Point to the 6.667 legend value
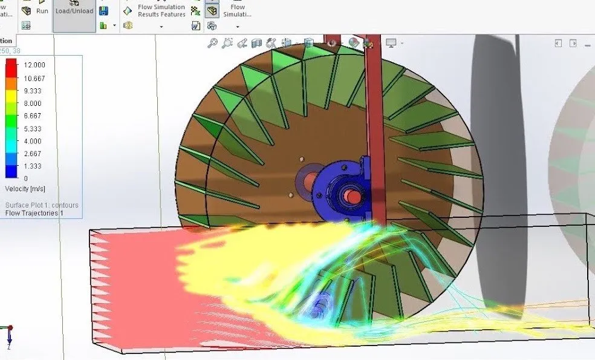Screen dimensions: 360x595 click(33, 116)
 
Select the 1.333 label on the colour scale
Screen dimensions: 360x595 click(33, 166)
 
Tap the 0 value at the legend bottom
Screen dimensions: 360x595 click(25, 178)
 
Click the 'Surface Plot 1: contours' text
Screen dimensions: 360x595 click(41, 205)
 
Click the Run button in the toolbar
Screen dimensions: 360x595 click(42, 10)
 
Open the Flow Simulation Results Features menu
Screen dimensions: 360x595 click(161, 11)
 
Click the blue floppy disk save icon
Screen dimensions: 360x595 click(103, 11)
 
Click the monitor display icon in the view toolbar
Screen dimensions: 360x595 click(391, 43)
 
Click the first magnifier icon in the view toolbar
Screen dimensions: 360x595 click(212, 43)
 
